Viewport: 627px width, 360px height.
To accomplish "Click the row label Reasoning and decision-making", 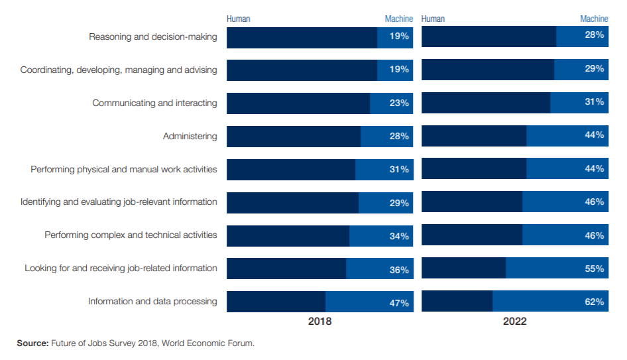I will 152,37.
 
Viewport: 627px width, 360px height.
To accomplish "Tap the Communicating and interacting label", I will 154,103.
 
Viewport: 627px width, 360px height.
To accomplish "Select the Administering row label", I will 190,137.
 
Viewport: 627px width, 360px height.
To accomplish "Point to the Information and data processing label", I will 152,302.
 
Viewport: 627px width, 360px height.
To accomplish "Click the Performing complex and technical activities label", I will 131,235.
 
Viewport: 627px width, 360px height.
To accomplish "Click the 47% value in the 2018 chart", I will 399,303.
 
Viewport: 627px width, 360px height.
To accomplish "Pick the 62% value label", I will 594,302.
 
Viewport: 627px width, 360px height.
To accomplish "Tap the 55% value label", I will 594,269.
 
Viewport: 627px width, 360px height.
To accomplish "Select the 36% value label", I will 399,270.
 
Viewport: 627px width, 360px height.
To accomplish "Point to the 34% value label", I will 399,236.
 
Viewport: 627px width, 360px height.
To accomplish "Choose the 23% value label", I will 399,103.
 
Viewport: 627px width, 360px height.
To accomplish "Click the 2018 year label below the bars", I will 319,322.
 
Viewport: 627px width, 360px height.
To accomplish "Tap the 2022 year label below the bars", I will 514,322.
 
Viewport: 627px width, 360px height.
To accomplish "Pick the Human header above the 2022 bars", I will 433,19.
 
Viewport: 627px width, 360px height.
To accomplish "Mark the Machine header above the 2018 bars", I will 398,19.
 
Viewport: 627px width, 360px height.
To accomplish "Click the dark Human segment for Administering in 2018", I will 294,137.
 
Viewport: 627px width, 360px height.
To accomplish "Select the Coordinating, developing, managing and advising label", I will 119,70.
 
